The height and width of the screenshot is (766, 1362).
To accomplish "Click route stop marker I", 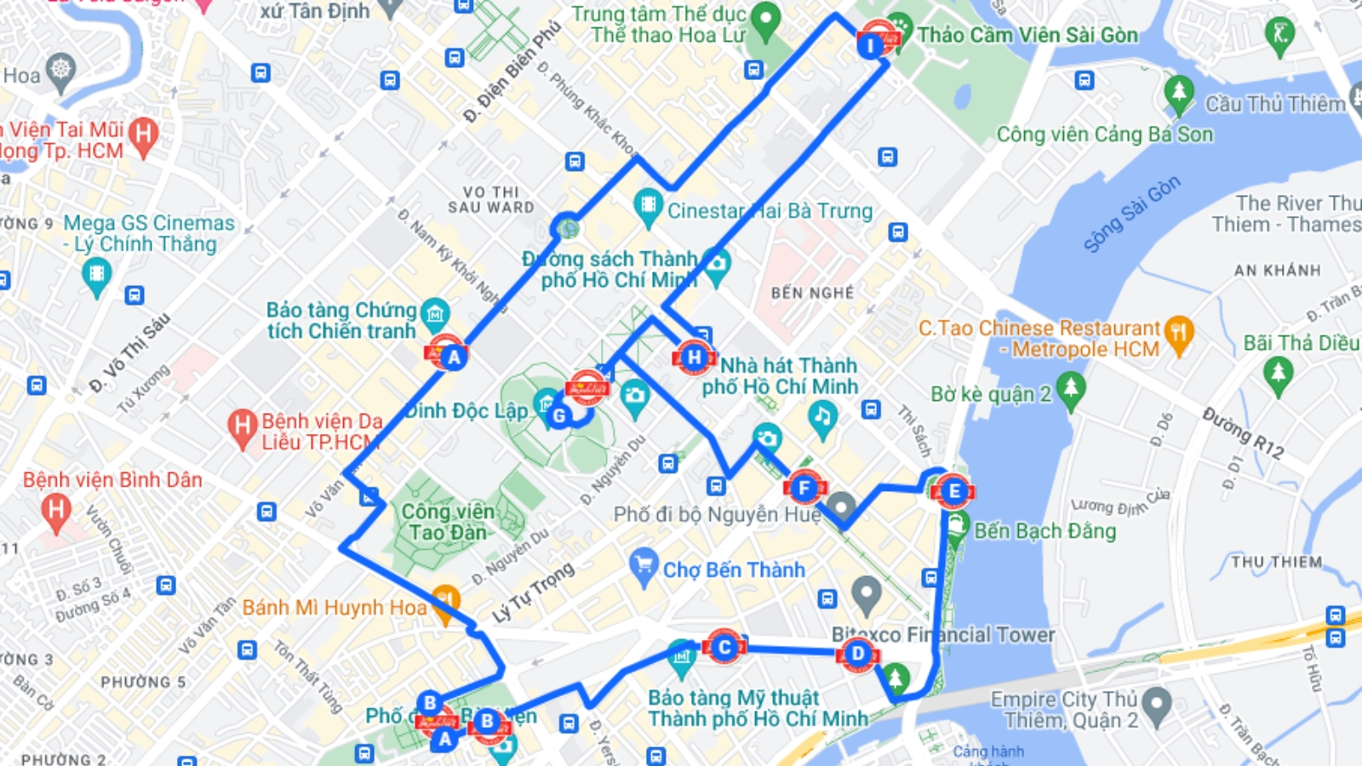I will [870, 45].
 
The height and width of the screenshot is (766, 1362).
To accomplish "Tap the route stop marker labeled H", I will [694, 357].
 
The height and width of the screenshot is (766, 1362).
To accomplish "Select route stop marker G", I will [559, 415].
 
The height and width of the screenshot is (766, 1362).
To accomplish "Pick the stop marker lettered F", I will [804, 489].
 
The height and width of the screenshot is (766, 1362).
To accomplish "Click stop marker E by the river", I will [953, 491].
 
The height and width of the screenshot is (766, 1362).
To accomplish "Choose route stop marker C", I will [724, 648].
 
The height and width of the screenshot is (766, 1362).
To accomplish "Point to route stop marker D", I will [857, 654].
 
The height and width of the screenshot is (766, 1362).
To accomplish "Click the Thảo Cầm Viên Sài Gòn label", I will [1027, 35].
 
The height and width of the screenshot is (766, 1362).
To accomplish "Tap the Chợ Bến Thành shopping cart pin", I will [644, 564].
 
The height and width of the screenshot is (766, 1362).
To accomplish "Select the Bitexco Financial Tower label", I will [943, 635].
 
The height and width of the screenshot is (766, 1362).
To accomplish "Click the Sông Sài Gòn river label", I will [1131, 214].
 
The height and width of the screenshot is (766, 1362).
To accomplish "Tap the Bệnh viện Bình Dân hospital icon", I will [56, 512].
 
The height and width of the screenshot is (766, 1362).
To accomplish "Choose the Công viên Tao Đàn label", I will [447, 522].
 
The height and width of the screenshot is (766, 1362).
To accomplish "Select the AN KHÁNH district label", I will [1277, 271].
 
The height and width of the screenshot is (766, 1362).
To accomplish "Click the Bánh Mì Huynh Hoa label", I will [334, 608].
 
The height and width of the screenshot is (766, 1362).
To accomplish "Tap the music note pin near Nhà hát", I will [821, 417].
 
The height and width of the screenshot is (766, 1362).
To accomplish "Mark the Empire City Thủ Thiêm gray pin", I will [1157, 705].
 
